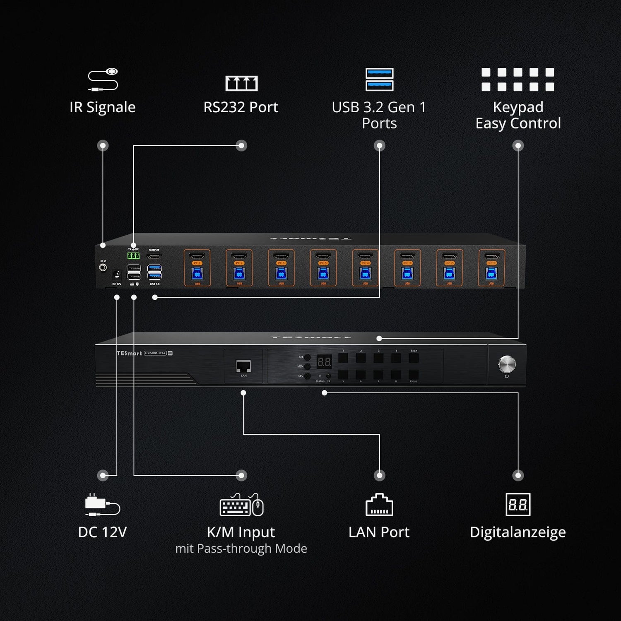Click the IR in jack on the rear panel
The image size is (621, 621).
(103, 268)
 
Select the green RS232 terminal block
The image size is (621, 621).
(133, 256)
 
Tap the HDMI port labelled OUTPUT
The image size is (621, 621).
(154, 256)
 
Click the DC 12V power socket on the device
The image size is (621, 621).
(117, 274)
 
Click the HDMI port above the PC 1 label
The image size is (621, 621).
(491, 256)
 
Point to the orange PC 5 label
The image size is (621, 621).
(323, 263)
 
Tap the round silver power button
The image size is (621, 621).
(507, 364)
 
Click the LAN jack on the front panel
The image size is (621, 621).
(243, 366)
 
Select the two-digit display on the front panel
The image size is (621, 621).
(324, 362)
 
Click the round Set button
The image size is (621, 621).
(308, 357)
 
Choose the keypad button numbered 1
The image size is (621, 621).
(343, 358)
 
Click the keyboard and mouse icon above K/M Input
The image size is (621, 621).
(241, 505)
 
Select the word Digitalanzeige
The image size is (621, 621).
(517, 532)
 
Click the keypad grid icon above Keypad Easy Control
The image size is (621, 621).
(517, 79)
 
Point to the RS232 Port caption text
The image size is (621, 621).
(241, 107)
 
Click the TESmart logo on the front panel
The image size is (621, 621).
(130, 353)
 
